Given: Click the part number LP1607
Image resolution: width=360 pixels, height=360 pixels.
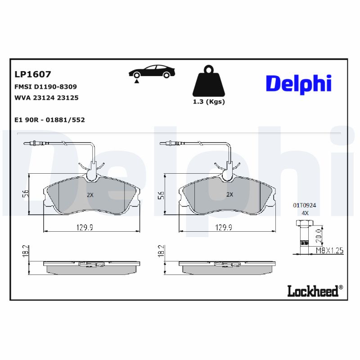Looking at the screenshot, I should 33,74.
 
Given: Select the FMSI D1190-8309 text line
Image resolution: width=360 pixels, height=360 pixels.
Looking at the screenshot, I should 46,86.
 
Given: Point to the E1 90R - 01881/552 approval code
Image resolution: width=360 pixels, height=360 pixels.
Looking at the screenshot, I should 50,120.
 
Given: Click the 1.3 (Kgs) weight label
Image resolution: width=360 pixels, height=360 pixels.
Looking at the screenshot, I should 208,102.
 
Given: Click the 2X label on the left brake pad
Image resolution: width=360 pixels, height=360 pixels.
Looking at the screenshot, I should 90,195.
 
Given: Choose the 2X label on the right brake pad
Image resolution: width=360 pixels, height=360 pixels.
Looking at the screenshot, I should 229,195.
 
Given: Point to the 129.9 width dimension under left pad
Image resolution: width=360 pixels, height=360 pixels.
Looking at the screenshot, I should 84,228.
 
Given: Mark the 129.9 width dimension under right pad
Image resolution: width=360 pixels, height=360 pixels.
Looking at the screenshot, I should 224,228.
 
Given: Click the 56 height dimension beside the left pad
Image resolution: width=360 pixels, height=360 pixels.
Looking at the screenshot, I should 26,194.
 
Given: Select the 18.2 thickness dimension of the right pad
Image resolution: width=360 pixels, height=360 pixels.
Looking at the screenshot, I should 161,251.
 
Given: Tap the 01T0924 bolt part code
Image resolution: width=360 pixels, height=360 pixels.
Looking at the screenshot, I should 305,205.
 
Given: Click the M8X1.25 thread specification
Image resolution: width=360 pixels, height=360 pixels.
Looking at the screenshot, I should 329,251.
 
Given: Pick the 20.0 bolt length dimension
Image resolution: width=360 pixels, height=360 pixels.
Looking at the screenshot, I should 319,234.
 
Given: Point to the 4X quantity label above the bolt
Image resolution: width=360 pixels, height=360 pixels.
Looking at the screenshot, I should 305,213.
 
